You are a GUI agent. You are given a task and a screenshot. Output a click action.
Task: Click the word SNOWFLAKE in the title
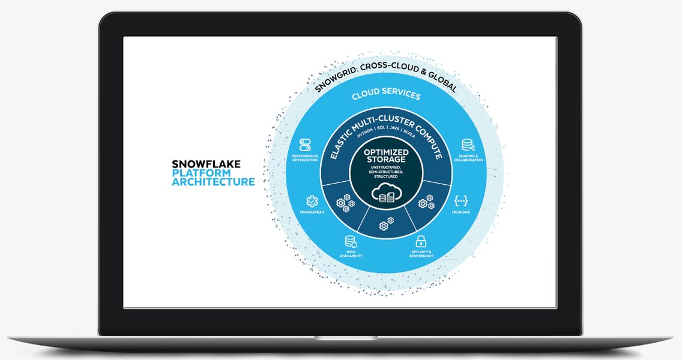point(206,164)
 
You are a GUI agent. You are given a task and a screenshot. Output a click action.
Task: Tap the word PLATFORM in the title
point(201,173)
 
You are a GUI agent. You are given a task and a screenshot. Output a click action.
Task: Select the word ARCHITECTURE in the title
point(214,182)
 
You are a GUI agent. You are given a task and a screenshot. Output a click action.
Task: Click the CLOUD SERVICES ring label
point(386,94)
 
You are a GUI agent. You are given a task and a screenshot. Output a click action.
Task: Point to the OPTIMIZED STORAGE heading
point(386,155)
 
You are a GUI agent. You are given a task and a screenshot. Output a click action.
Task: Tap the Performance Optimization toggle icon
point(305,145)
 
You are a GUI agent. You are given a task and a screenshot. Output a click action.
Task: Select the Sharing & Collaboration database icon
point(468,145)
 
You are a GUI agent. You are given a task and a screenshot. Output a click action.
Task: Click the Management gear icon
point(312,202)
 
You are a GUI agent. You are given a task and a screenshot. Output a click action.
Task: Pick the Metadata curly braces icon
point(460,201)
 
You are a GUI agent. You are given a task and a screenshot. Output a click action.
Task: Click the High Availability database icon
point(351,241)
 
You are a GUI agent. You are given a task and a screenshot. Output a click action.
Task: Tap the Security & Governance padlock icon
point(421,241)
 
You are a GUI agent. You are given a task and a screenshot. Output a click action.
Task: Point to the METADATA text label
point(460,212)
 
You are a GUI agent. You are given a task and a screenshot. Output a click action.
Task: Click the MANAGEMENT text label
point(312,212)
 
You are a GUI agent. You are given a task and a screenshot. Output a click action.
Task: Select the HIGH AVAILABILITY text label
point(351,254)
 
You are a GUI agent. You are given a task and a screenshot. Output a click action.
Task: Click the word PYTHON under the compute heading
point(364,133)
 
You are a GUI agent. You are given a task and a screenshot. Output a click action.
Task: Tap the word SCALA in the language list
point(409,133)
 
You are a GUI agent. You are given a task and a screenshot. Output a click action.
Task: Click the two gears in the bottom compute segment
point(386,223)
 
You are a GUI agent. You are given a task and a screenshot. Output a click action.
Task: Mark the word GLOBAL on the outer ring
point(443,81)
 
